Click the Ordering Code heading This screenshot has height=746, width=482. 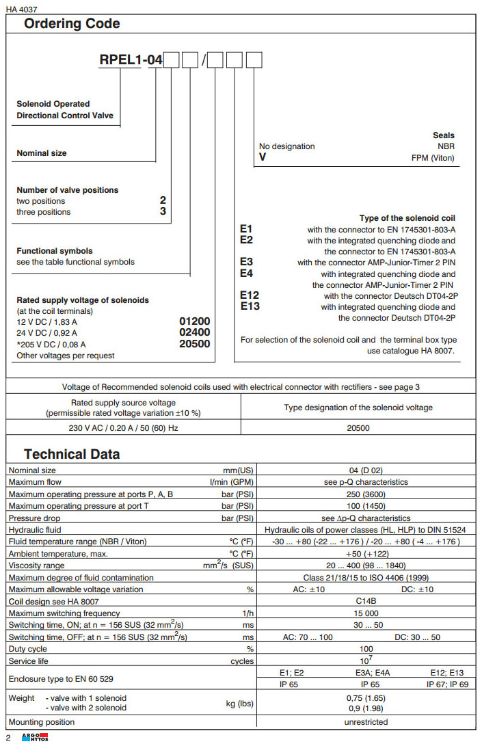point(72,24)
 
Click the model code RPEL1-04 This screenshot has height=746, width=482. point(131,62)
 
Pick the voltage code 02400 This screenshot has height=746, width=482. point(194,333)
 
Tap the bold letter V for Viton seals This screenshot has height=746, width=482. point(263,157)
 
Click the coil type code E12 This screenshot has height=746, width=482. point(250,295)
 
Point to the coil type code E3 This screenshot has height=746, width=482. point(247,262)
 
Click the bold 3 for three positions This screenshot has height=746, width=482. point(163,212)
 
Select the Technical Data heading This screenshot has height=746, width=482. point(72,454)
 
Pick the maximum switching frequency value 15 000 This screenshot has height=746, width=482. point(366,613)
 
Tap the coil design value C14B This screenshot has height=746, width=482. point(366,601)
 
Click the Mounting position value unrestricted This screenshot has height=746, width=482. point(366,722)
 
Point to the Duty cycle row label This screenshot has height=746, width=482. point(27,649)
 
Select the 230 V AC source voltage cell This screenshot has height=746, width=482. point(124,427)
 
